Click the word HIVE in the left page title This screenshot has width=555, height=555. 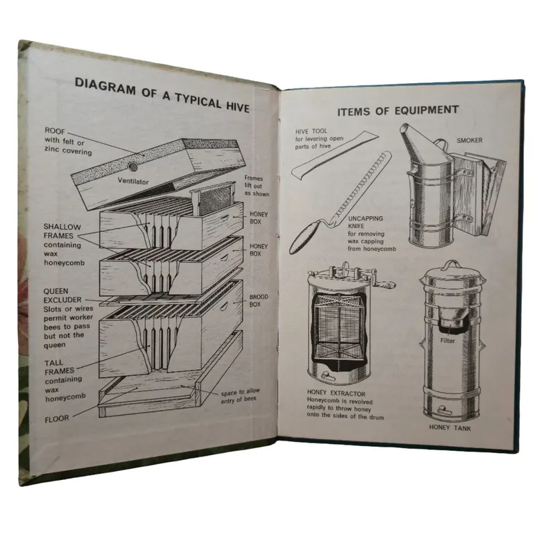[237, 107]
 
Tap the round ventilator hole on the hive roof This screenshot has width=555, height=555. [133, 166]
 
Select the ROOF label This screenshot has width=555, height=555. [55, 131]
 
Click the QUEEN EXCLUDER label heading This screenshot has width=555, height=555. [62, 296]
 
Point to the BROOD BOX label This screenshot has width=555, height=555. [258, 300]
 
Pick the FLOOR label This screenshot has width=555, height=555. [57, 419]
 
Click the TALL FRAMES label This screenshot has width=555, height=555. [59, 367]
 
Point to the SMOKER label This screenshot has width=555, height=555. [470, 141]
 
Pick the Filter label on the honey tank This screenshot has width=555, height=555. [447, 341]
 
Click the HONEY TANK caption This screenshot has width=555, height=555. [450, 428]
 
